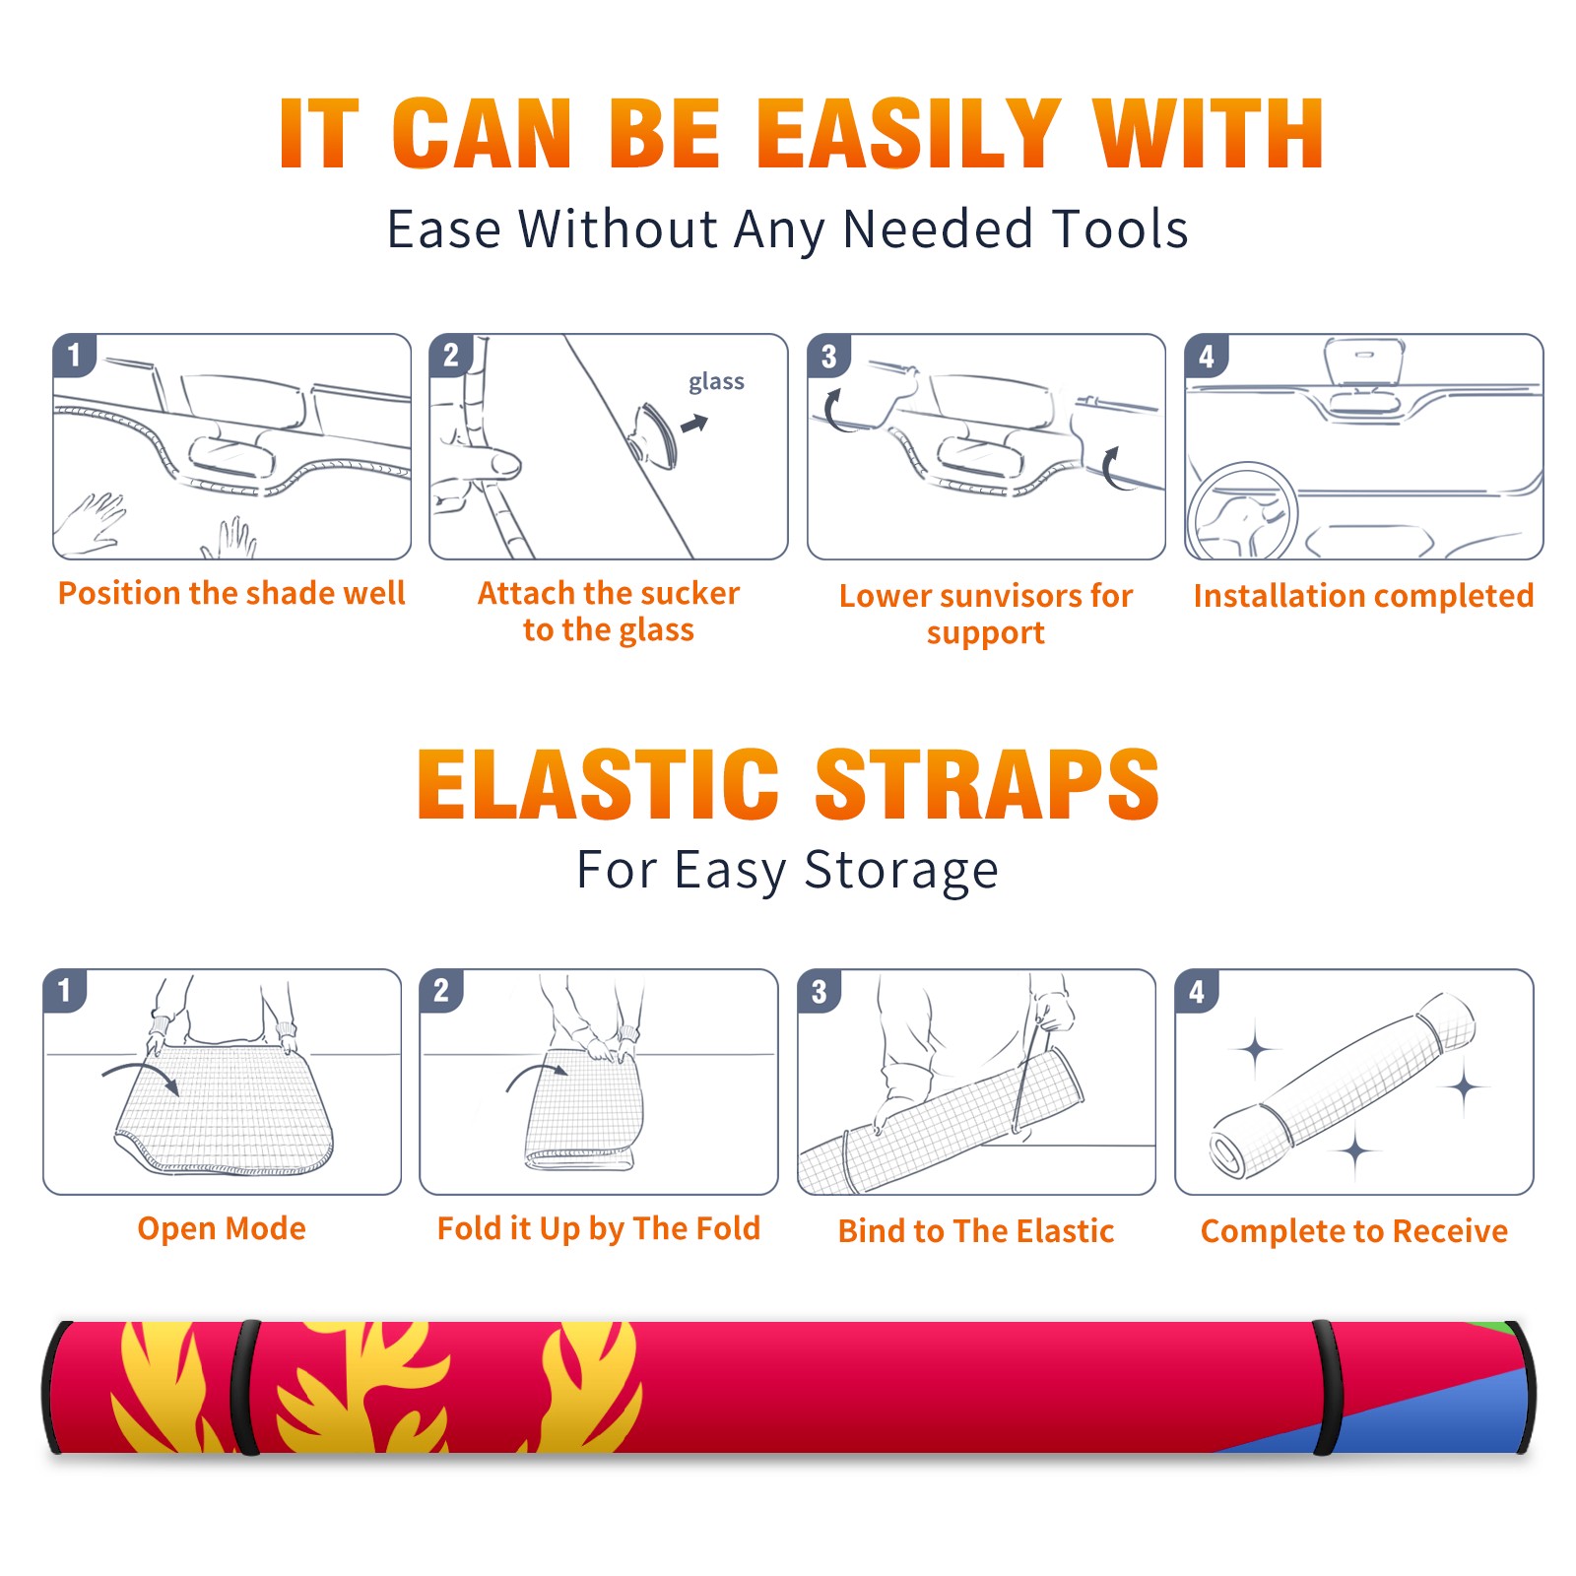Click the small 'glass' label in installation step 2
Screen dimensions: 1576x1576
click(x=716, y=382)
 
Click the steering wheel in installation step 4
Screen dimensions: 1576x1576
click(x=1243, y=512)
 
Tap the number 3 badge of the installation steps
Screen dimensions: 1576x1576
click(x=828, y=356)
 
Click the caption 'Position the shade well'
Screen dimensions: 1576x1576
click(x=231, y=593)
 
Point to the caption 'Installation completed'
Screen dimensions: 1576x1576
click(x=1363, y=595)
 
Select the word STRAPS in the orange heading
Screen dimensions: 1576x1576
click(x=987, y=784)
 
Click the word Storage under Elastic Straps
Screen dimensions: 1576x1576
click(x=900, y=871)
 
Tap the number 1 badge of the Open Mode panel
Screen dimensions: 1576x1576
click(x=65, y=990)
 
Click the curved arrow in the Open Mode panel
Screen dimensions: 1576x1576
click(x=140, y=1071)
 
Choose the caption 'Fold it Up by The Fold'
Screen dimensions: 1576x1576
click(x=599, y=1228)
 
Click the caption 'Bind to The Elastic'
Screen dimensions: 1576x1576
click(x=976, y=1231)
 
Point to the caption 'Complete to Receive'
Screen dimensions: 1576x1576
click(x=1354, y=1231)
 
